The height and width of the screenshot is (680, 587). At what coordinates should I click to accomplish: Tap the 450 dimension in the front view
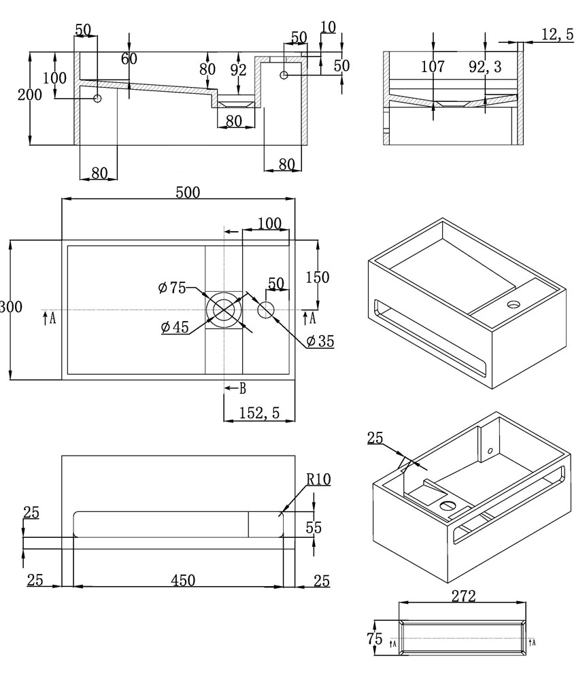[x=183, y=580]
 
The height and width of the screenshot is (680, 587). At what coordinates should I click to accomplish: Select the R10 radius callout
[x=318, y=479]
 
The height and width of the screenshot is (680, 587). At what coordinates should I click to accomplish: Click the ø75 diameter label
[x=171, y=288]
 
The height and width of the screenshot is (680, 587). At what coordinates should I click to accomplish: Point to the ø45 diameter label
[x=175, y=328]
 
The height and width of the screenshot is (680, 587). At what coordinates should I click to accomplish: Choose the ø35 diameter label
[x=320, y=342]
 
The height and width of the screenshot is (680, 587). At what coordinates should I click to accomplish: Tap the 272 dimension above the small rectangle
[x=463, y=596]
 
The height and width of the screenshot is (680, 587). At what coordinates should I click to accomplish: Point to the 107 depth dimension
[x=433, y=67]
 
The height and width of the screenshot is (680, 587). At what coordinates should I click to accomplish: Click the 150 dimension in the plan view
[x=317, y=277]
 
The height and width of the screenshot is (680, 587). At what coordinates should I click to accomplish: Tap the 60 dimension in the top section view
[x=129, y=58]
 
